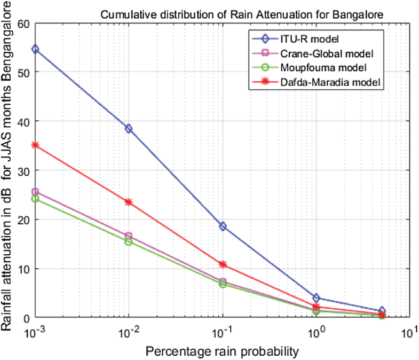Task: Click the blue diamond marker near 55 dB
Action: (35, 49)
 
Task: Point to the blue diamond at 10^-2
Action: (129, 129)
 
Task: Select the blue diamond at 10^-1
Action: (223, 226)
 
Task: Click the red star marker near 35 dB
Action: (35, 145)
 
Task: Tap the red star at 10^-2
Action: (129, 202)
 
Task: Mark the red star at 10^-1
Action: (223, 264)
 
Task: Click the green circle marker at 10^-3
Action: (35, 199)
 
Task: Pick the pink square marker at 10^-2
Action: (129, 236)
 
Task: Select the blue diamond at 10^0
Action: (317, 298)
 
